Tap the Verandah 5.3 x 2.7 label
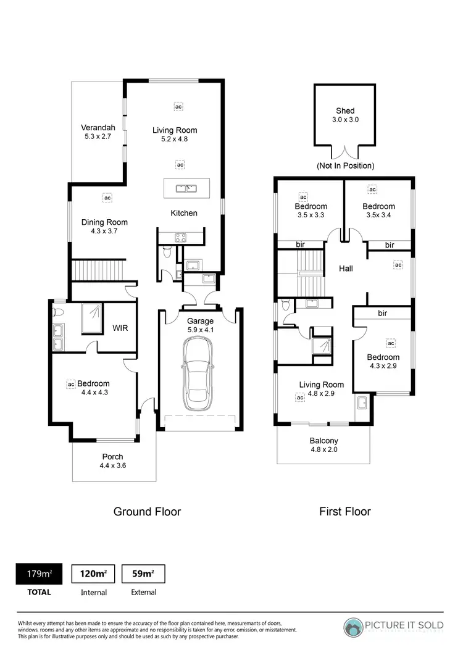pos(98,132)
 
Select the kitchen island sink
pos(186,188)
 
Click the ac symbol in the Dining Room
pos(107,198)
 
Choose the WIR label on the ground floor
pos(120,328)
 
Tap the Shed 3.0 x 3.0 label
pos(344,115)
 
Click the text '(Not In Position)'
pos(345,165)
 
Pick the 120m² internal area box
pos(93,574)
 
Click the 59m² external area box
pos(143,574)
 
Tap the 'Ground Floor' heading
pos(147,511)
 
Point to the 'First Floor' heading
pos(344,511)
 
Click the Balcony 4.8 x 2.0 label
pos(323,444)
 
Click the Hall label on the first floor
pos(346,269)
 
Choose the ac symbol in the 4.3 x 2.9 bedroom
pos(391,343)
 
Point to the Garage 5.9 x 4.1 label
pos(200,325)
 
